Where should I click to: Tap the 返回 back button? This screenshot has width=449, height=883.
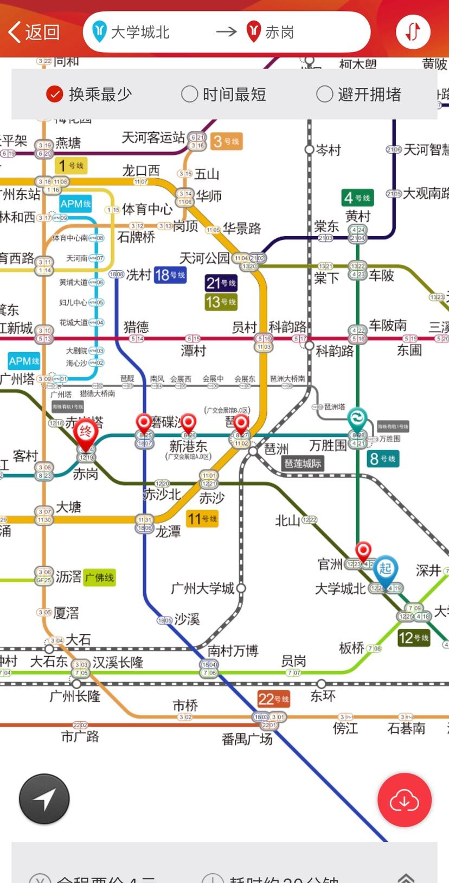coord(34,32)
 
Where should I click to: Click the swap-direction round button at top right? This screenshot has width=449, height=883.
coord(413,31)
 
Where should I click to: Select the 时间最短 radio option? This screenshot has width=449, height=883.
coord(223,94)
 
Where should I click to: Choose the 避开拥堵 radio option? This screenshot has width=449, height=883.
coord(359,94)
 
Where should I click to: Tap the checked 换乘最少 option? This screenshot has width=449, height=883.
coord(89,94)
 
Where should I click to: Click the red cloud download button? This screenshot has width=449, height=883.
coord(405,799)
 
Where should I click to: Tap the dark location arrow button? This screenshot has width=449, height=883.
coord(44,799)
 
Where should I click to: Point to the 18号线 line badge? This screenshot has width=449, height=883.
coord(170,275)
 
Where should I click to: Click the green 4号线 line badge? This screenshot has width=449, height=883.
coord(357,198)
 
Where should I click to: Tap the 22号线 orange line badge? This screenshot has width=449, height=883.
coord(273,699)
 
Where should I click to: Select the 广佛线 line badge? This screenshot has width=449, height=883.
coord(99,577)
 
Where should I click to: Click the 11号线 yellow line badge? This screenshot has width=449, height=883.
coord(202,519)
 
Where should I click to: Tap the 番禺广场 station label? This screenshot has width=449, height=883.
coord(247,739)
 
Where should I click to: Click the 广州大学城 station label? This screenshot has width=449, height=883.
coord(202,588)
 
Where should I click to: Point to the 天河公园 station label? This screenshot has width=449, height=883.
coord(204,258)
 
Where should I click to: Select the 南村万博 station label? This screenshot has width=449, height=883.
coord(233,651)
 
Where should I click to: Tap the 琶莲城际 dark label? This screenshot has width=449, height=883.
coord(303,463)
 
